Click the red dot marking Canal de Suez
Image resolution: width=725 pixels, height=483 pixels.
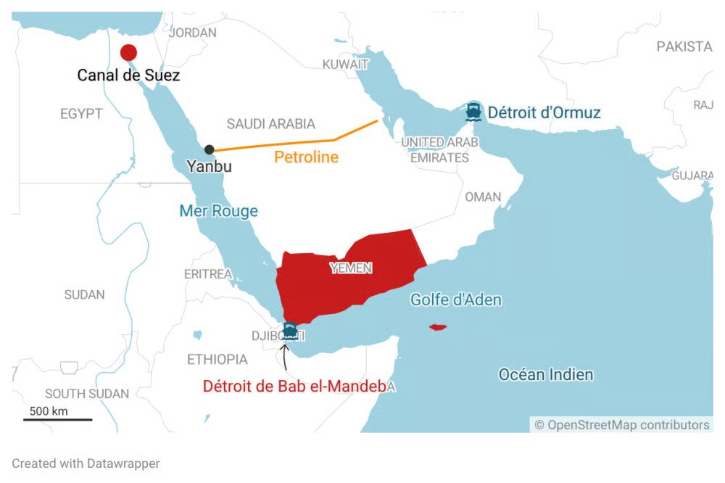[128, 52]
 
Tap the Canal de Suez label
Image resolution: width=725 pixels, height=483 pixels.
[129, 75]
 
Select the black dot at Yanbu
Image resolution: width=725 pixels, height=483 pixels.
[210, 149]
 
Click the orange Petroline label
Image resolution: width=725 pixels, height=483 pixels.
[306, 157]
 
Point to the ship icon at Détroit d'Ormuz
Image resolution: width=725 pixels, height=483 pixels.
[474, 112]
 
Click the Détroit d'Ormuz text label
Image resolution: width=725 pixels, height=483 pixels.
[544, 112]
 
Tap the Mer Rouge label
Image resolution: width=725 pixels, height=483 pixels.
[218, 211]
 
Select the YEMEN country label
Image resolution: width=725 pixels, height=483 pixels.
[351, 268]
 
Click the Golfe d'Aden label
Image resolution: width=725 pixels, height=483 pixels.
[456, 300]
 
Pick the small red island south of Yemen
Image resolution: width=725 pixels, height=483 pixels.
[437, 327]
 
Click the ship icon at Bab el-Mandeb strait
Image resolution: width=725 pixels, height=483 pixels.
[290, 331]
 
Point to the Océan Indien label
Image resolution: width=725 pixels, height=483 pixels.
[546, 375]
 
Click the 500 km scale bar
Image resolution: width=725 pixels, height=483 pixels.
[58, 418]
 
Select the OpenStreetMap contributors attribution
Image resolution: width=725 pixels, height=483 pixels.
[622, 425]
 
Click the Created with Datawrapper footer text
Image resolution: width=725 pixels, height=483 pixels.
[86, 463]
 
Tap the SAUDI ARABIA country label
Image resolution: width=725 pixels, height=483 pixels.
[270, 123]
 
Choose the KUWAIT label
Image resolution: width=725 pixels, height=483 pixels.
[345, 65]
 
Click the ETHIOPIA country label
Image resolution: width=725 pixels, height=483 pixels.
[217, 359]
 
